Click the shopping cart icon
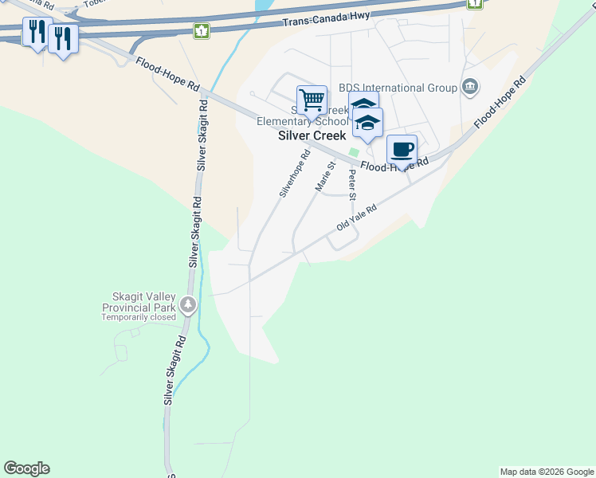(312, 100)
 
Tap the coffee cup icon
(402, 149)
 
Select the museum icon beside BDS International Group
(470, 87)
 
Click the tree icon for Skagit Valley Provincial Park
(188, 304)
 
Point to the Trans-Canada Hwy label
(326, 22)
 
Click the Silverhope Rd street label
(294, 174)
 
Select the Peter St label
(351, 184)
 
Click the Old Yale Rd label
(356, 216)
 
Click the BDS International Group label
(398, 88)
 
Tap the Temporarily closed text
(138, 317)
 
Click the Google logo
(26, 468)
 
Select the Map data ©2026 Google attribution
(547, 472)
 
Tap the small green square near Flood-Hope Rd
(354, 152)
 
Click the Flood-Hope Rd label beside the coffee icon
(394, 165)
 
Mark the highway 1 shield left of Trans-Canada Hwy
(202, 30)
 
